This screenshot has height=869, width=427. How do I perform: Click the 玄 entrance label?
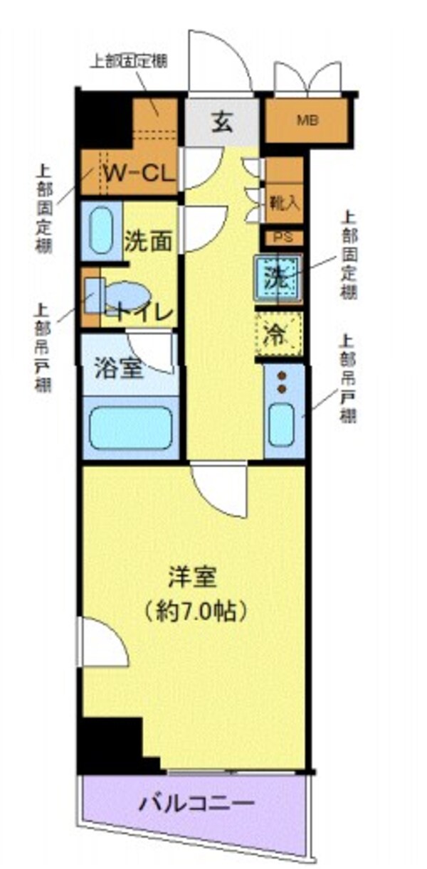tap(221, 122)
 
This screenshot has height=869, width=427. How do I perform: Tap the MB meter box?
tap(307, 119)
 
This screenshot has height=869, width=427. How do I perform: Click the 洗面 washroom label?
tap(148, 240)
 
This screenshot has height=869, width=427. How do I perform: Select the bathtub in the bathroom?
tap(130, 427)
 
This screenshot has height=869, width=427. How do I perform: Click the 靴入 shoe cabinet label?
tap(284, 203)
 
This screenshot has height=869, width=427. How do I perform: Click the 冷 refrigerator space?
tap(278, 335)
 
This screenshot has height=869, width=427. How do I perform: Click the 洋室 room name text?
tap(192, 577)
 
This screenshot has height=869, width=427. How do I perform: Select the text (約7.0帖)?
tap(194, 610)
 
